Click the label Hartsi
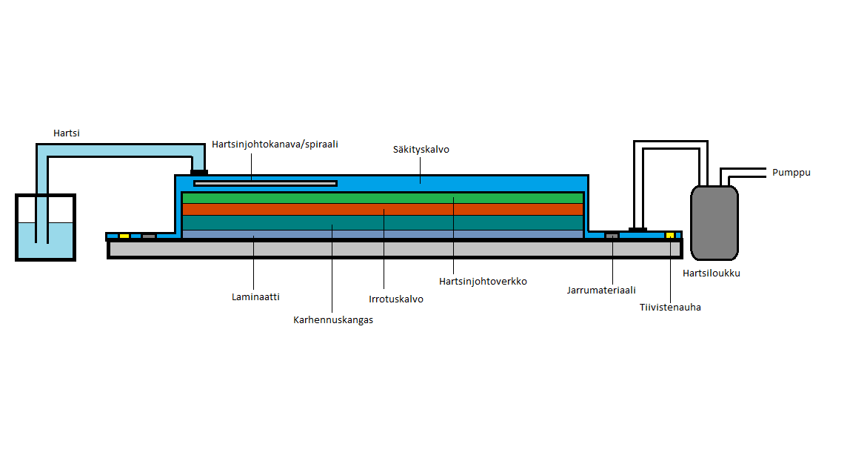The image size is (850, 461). click(66, 133)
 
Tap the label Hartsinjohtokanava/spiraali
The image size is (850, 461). click(275, 145)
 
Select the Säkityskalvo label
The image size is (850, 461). click(421, 150)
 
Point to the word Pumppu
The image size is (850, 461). click(792, 173)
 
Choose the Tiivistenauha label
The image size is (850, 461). click(670, 307)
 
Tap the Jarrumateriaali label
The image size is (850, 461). click(601, 291)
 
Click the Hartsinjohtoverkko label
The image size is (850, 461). click(482, 282)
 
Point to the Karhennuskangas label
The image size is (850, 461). click(333, 320)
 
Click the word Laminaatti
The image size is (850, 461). click(255, 296)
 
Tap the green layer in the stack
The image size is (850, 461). click(382, 198)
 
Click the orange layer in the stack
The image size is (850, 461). click(382, 210)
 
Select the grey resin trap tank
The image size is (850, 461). click(714, 222)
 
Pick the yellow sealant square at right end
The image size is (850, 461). click(670, 236)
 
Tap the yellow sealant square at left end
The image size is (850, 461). click(124, 236)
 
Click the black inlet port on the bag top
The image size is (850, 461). click(199, 173)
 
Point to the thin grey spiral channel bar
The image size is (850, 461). click(265, 183)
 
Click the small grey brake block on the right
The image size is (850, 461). click(612, 236)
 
